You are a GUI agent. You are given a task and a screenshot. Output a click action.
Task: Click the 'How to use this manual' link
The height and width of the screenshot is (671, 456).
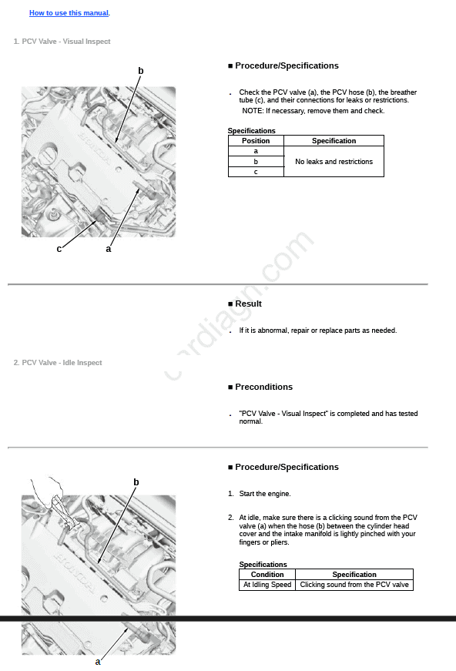coord(69,13)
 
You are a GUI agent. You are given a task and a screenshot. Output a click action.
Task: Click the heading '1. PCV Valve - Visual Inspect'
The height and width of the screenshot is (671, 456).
coord(62,42)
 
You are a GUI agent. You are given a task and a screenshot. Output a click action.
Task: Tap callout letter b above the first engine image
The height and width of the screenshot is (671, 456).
coord(141,71)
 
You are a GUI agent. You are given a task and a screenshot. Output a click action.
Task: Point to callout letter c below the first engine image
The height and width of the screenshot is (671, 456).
coord(59,249)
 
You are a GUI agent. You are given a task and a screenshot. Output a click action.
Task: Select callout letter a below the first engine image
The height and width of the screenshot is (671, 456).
coord(109,249)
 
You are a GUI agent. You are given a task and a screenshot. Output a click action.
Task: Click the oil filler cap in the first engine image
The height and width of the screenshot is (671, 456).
coord(47,153)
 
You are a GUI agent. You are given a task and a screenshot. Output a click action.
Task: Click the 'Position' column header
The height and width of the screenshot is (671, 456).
coord(256,141)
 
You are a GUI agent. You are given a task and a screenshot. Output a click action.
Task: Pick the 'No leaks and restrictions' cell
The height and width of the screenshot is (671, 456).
coord(334,161)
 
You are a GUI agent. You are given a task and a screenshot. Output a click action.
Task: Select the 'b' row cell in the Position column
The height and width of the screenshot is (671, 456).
coord(256,161)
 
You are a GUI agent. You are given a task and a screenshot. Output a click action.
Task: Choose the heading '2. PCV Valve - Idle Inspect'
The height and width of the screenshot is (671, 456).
coord(58,363)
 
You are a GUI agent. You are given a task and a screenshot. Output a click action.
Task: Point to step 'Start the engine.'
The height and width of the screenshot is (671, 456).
coord(265,494)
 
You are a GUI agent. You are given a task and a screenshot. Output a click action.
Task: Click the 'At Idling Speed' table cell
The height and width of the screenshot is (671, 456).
coord(267,585)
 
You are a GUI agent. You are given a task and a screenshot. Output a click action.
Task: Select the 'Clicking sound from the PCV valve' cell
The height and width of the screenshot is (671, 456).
coord(354,585)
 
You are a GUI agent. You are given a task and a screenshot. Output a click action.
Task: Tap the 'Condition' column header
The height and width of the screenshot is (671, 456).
coord(267,574)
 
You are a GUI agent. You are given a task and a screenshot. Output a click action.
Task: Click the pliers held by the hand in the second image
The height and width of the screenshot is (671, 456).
coord(63,512)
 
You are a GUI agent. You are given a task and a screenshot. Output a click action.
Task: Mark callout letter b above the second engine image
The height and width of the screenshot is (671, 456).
coord(136,482)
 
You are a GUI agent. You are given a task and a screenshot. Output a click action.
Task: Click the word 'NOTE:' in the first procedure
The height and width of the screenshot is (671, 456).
coord(253,111)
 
